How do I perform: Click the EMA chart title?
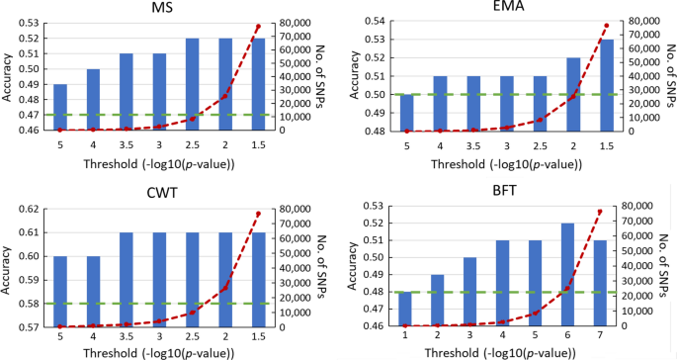[x=505, y=9]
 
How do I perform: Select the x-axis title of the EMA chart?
[x=505, y=162]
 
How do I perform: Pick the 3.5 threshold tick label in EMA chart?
[x=472, y=145]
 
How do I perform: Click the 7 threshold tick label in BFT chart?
[x=604, y=338]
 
